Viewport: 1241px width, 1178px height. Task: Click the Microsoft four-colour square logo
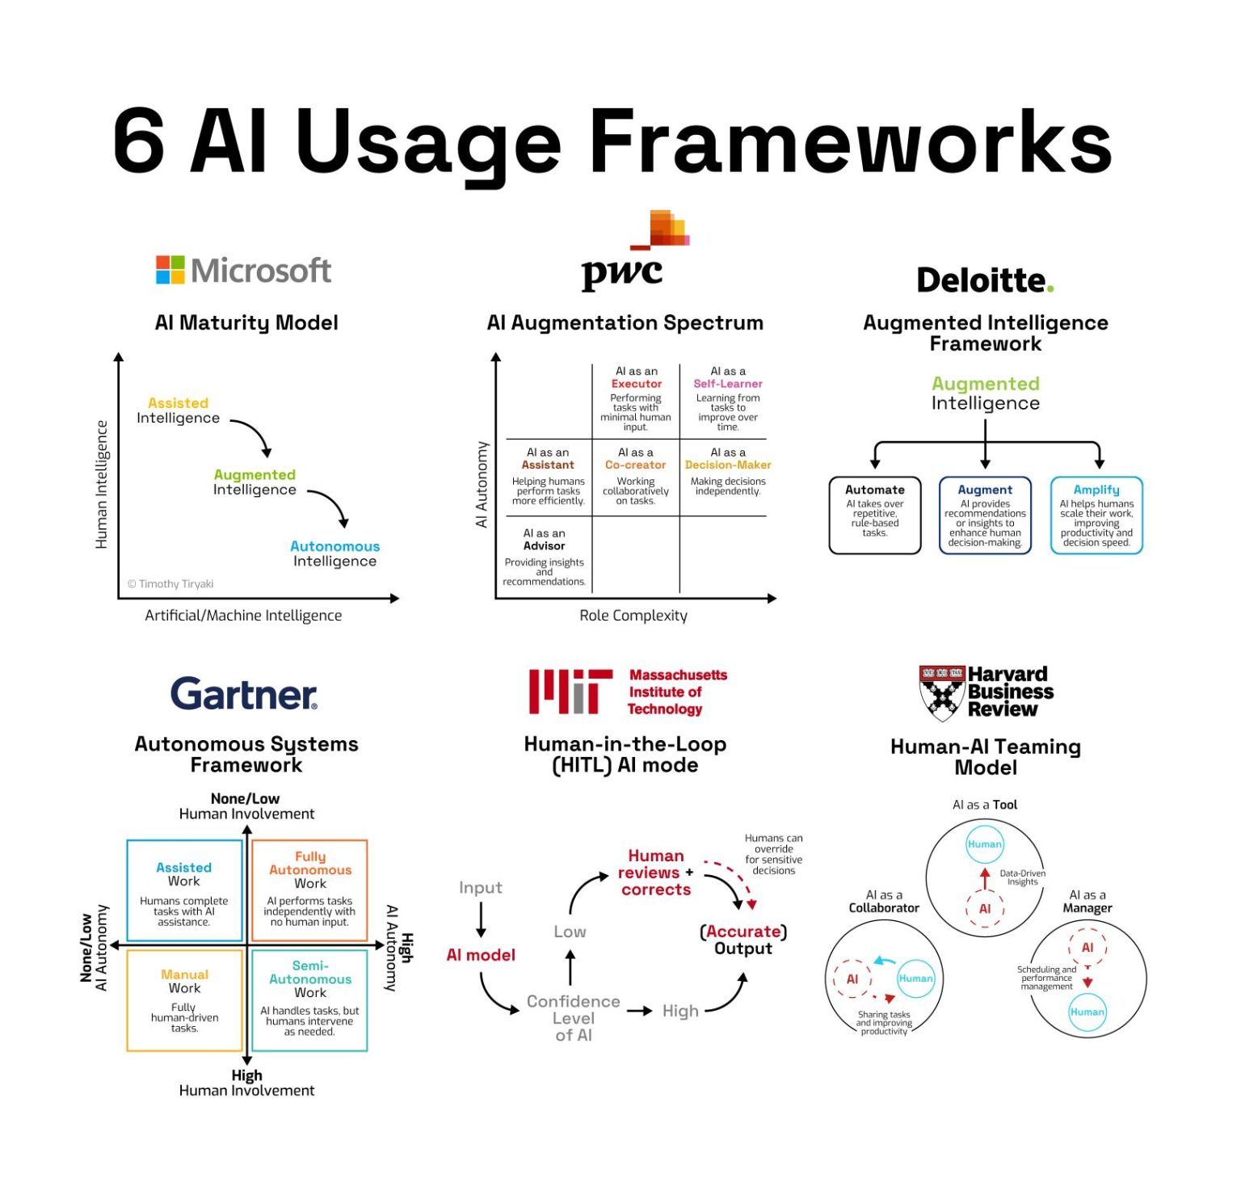[170, 270]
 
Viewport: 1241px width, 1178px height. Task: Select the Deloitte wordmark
[985, 280]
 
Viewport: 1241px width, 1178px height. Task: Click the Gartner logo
[244, 694]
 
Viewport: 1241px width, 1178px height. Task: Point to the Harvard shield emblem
[942, 693]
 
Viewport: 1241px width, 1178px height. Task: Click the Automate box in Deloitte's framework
[875, 515]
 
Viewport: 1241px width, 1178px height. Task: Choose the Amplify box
[1096, 515]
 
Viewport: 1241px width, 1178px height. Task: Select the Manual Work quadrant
[185, 1000]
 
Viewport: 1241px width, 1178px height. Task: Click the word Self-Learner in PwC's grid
[728, 384]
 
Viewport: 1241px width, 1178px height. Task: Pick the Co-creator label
[636, 465]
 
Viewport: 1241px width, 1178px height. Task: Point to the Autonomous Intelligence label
[334, 553]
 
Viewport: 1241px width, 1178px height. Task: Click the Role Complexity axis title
[633, 616]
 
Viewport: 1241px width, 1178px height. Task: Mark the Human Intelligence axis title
[102, 485]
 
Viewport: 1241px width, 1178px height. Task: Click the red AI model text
[481, 955]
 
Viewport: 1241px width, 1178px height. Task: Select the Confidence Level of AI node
[574, 1018]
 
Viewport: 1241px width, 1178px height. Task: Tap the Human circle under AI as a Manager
[1087, 1012]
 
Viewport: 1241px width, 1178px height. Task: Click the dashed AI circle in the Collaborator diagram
[852, 979]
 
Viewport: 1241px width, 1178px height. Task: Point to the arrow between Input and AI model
[481, 920]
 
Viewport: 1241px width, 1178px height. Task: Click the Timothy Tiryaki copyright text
[170, 584]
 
